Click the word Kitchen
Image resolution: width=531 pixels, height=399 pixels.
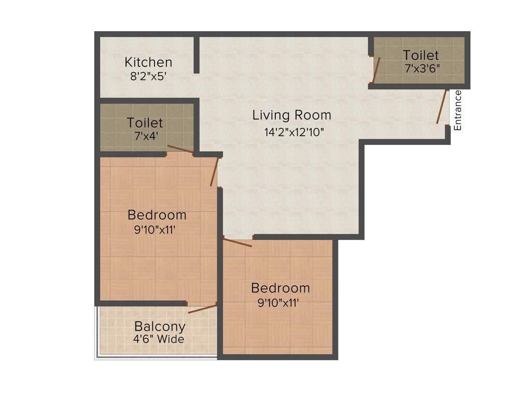[x=148, y=62]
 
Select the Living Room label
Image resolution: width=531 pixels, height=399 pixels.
[x=291, y=115]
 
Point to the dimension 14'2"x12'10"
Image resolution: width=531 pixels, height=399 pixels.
[x=294, y=132]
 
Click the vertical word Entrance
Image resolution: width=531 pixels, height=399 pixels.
[x=457, y=110]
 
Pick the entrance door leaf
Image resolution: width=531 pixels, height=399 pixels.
[x=442, y=107]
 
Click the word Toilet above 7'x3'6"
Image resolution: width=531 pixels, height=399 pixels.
[x=421, y=55]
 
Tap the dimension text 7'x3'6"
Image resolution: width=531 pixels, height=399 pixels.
[x=422, y=68]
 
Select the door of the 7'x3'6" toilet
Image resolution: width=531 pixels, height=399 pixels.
[x=376, y=70]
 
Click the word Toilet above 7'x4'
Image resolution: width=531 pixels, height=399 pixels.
[x=145, y=123]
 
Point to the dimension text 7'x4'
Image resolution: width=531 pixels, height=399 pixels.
[x=145, y=137]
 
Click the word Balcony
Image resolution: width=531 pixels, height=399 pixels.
[x=160, y=327]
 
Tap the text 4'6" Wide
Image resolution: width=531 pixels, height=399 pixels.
[x=158, y=339]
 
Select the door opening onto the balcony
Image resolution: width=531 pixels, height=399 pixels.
[x=202, y=309]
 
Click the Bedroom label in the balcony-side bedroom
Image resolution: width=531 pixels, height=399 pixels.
[x=157, y=215]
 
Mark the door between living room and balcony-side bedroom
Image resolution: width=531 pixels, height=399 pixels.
[x=214, y=171]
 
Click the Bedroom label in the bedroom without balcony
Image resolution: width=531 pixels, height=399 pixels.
[x=280, y=288]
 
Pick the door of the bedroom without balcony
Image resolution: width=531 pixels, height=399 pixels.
[x=237, y=242]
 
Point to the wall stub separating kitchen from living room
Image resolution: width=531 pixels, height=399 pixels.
[x=197, y=55]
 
